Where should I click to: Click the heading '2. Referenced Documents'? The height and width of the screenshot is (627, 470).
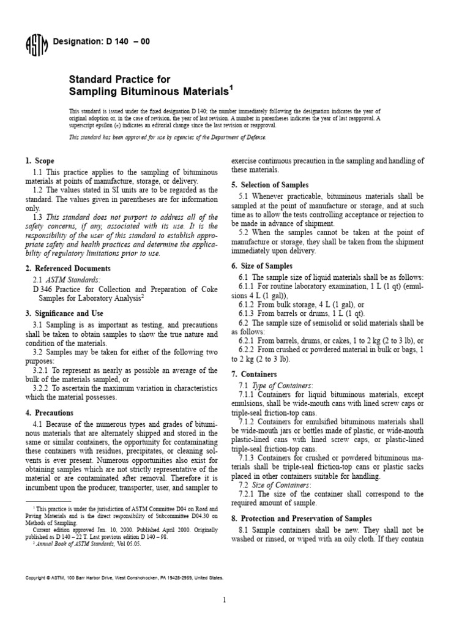point(68,268)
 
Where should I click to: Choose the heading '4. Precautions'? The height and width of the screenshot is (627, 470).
point(47,411)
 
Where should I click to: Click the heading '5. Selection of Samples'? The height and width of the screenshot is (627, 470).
point(270,185)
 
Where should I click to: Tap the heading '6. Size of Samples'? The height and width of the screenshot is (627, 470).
point(262,266)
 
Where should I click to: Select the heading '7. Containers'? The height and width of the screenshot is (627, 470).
point(254,374)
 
